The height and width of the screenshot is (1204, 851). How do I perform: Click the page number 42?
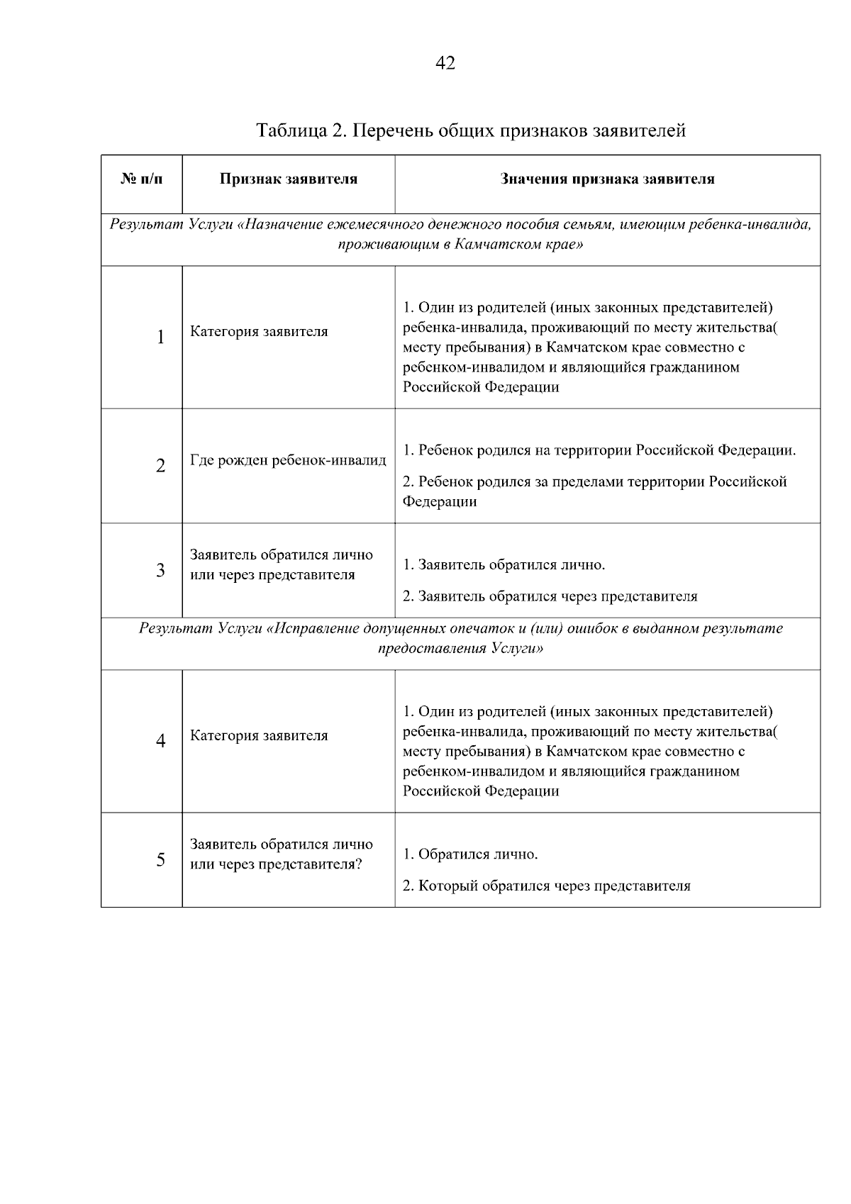(x=445, y=63)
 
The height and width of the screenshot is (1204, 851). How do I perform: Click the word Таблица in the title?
(x=290, y=130)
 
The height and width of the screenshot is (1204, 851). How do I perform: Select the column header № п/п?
(x=142, y=179)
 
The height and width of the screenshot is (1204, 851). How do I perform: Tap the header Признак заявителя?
(x=289, y=179)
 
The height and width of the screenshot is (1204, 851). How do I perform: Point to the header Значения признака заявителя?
(x=607, y=179)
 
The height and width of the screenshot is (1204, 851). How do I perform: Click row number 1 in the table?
(x=161, y=337)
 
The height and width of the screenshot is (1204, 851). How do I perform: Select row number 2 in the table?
(x=161, y=466)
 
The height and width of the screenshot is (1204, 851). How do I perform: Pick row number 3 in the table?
(x=161, y=570)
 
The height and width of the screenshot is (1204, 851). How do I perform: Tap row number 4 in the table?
(x=161, y=741)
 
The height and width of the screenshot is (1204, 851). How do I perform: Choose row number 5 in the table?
(x=161, y=859)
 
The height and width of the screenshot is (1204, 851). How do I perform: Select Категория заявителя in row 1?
(x=259, y=332)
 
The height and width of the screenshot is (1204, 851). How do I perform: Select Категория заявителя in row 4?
(x=259, y=736)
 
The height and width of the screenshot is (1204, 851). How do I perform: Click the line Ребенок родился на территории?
(x=599, y=451)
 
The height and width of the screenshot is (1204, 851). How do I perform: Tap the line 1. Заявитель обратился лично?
(x=504, y=565)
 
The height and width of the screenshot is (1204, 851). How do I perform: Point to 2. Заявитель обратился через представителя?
(x=550, y=596)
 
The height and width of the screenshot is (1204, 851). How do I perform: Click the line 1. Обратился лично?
(x=471, y=854)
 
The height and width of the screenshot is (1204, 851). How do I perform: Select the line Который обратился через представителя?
(x=547, y=886)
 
